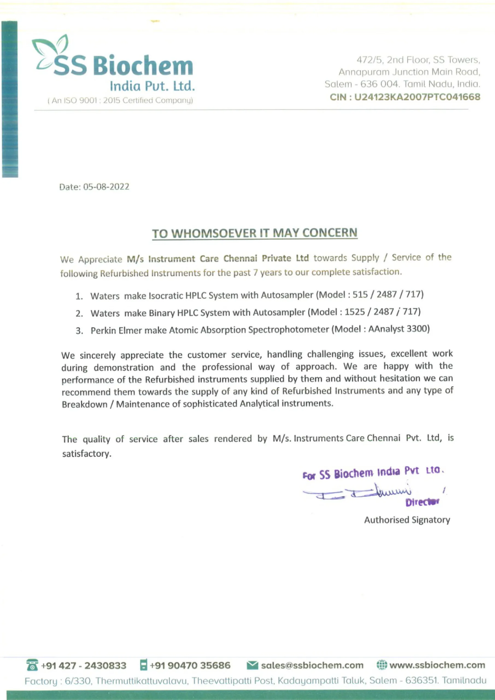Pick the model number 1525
pos(355,312)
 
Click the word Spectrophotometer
pos(288,330)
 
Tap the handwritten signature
pos(366,491)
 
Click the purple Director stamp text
pos(422,502)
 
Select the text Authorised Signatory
pos(407,520)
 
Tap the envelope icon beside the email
pos(252,665)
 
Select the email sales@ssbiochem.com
pos(312,665)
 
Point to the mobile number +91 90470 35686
pos(190,665)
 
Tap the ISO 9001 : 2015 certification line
pos(120,101)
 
